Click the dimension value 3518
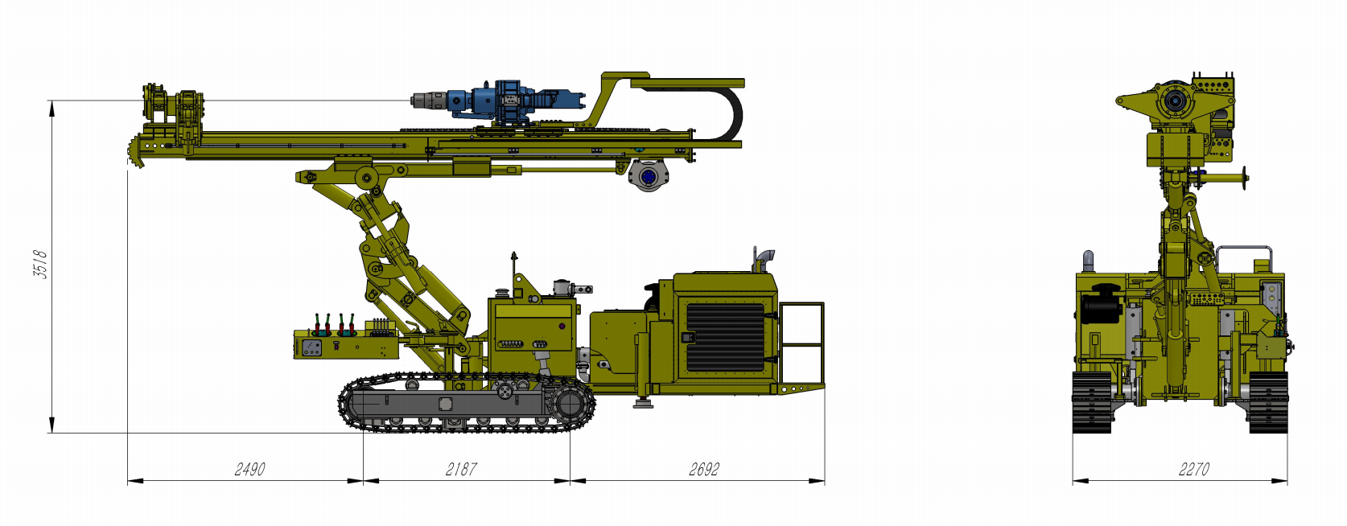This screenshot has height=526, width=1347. [x=40, y=265]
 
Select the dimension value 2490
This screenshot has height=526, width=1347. [x=249, y=469]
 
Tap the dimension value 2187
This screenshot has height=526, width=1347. [x=461, y=469]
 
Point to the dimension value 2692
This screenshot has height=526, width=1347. [x=704, y=469]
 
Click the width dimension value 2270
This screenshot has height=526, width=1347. [x=1193, y=469]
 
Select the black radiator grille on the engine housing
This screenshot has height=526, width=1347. [x=725, y=337]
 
